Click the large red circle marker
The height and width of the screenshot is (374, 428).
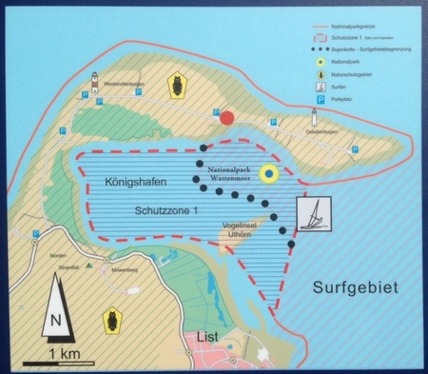pyautogui.click(x=226, y=117)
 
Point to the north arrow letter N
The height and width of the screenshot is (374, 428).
pyautogui.click(x=56, y=319)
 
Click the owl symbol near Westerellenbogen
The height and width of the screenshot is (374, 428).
pyautogui.click(x=175, y=87)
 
